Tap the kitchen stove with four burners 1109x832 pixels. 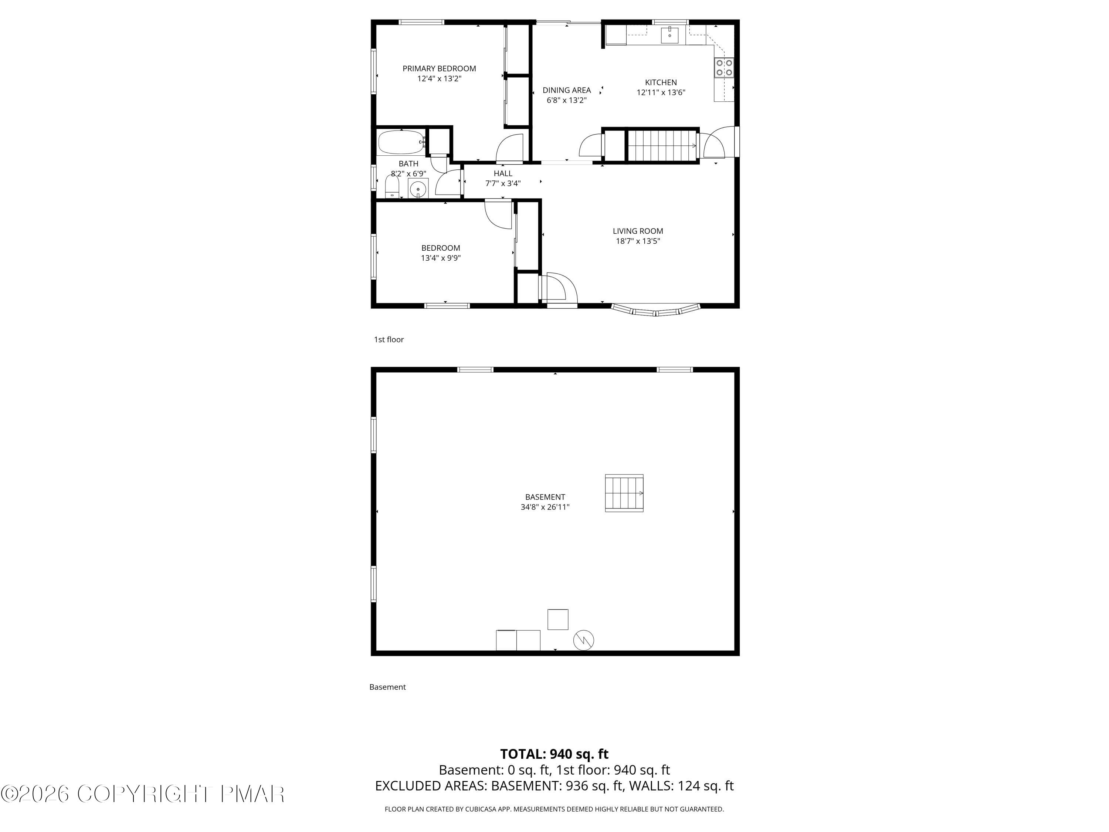coord(724,68)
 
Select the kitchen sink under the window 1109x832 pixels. coord(669,35)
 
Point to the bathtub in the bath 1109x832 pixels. coord(401,142)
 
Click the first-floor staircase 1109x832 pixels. coord(662,145)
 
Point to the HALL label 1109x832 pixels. coord(503,173)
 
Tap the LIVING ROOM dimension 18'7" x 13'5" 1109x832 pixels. coord(638,241)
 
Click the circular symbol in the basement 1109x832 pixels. coord(584,640)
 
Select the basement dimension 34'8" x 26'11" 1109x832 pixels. coord(545,507)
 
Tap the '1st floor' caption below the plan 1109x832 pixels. coord(389,339)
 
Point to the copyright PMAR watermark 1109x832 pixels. coord(143,794)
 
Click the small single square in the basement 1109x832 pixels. coord(557,619)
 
